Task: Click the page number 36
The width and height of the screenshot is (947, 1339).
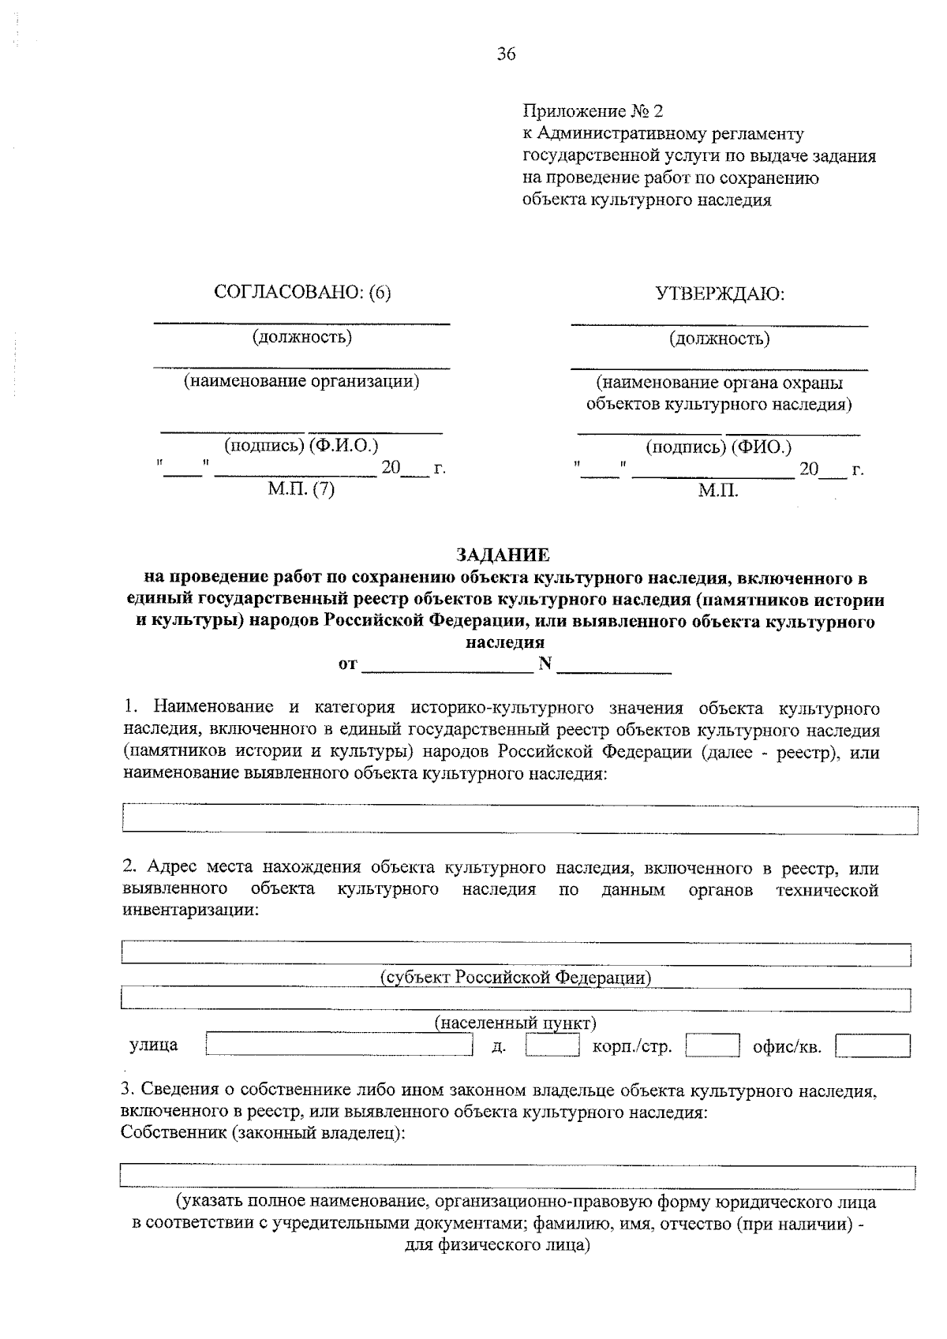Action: tap(506, 54)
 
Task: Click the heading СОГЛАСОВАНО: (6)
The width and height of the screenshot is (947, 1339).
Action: tap(302, 293)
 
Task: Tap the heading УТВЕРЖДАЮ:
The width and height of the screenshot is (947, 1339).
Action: tap(720, 294)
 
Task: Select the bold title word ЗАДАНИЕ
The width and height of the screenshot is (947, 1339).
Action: tap(503, 555)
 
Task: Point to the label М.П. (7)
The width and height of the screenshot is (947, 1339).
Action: tap(301, 489)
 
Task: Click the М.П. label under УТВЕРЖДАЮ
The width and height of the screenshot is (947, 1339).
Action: tap(718, 491)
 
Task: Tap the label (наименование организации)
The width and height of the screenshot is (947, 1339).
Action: tap(301, 382)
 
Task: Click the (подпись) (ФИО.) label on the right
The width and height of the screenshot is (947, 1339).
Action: tap(718, 447)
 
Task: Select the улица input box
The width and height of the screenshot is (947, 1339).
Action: tap(338, 1045)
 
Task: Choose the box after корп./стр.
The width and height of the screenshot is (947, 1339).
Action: tap(712, 1045)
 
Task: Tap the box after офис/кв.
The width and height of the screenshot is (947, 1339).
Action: tap(873, 1045)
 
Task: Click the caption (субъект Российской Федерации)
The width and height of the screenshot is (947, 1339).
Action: tap(515, 978)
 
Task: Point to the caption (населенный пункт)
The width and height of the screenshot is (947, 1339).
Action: tap(515, 1023)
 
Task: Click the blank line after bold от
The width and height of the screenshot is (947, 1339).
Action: tap(447, 665)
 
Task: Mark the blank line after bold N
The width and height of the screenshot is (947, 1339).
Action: tap(614, 665)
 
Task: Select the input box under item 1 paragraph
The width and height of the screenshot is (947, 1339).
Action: tap(520, 820)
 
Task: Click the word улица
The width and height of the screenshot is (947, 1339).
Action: tap(154, 1045)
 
